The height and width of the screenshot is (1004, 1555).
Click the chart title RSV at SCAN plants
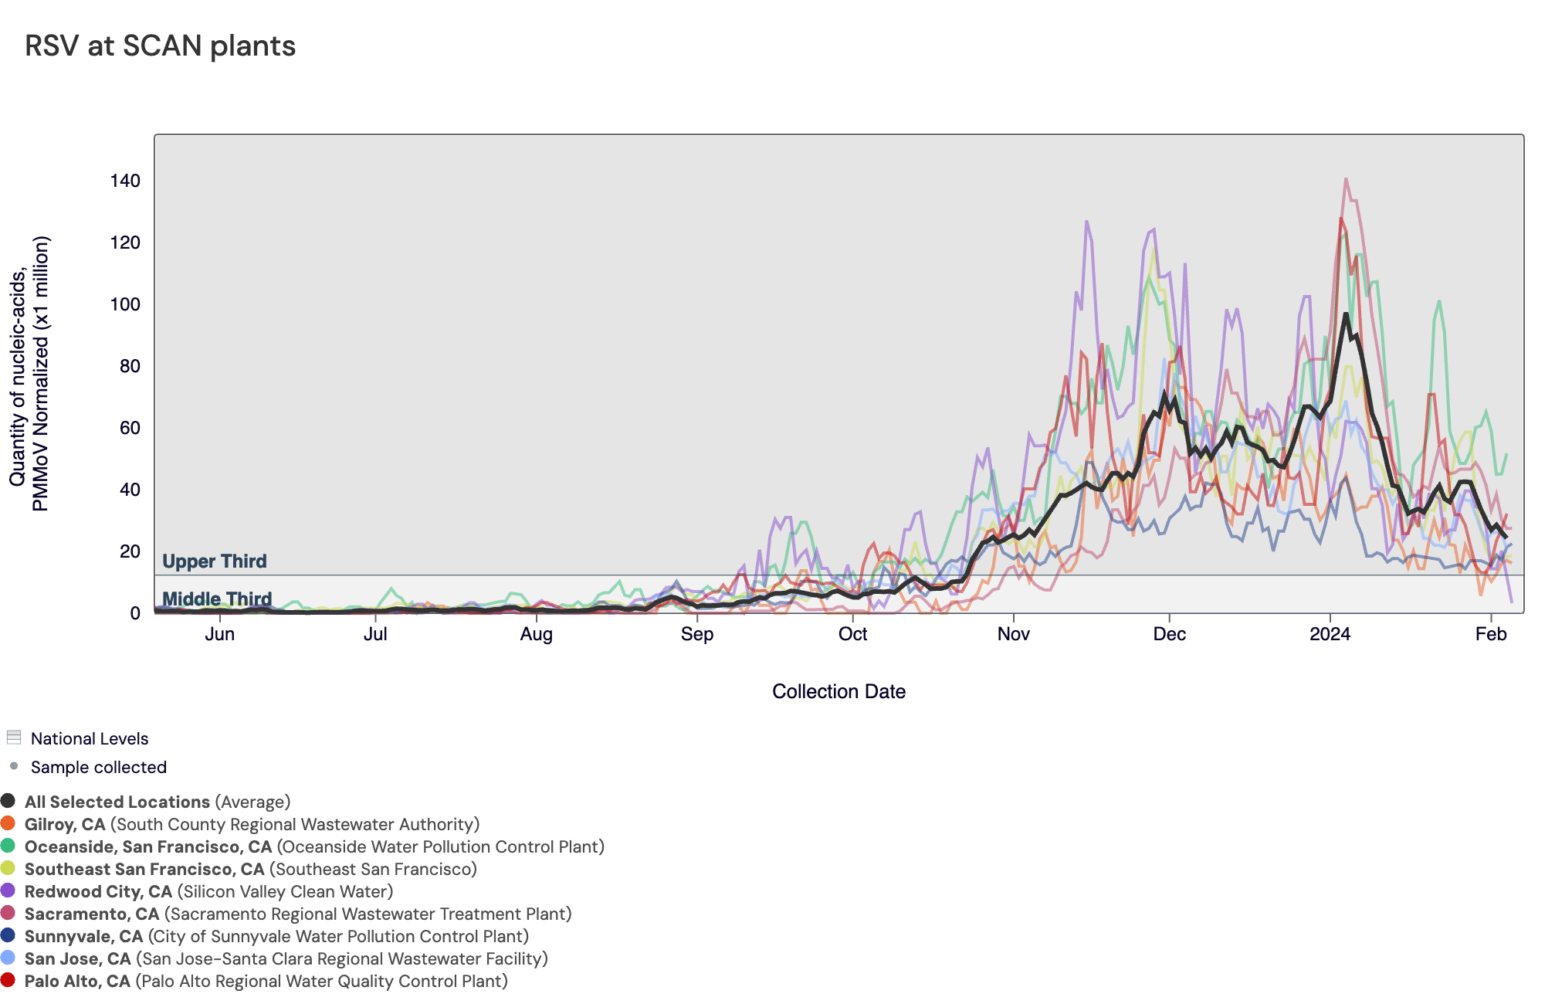(x=160, y=46)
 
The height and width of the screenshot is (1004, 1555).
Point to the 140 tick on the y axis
(x=125, y=181)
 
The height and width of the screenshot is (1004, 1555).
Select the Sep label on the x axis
(x=696, y=634)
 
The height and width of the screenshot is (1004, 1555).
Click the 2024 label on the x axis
(x=1330, y=634)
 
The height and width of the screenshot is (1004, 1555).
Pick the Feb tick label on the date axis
(x=1490, y=634)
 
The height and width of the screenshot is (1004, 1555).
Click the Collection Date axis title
(x=838, y=691)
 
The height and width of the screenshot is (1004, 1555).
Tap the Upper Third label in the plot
(x=214, y=561)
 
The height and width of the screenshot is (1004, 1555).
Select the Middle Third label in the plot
(x=216, y=599)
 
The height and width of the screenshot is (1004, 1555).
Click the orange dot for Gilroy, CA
(x=8, y=823)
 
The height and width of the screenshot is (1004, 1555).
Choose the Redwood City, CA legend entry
(x=99, y=891)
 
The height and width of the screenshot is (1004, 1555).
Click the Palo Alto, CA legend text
(x=77, y=981)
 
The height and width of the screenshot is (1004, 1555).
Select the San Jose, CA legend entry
(x=77, y=958)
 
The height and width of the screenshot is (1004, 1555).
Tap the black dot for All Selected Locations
(x=8, y=801)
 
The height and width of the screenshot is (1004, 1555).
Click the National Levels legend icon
(x=13, y=738)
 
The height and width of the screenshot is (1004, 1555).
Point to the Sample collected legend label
(x=98, y=767)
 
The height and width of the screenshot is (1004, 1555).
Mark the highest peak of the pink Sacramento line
(x=1346, y=179)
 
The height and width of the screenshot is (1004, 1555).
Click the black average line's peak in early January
(x=1346, y=314)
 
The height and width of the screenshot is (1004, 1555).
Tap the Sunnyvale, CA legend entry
(x=83, y=936)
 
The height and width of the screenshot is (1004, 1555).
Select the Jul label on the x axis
(x=375, y=634)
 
